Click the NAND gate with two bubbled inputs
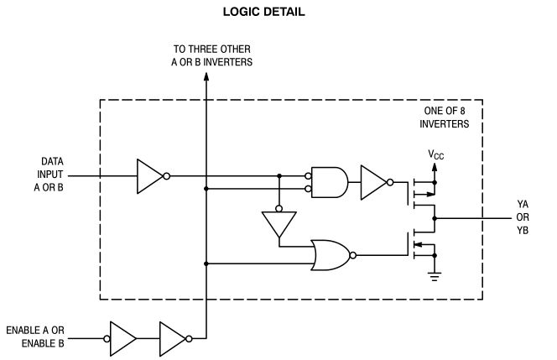coord(329,182)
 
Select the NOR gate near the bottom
coord(330,254)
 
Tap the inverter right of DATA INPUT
coord(151,176)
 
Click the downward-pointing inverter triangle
coord(279,223)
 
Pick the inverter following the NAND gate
coord(373,182)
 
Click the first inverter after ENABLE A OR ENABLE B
coord(122,338)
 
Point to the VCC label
coord(436,154)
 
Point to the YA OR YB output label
coord(523,218)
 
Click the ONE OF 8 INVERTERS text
coord(444,117)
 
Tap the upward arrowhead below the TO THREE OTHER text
coord(206,77)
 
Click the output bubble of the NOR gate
coord(354,254)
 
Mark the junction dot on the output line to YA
coord(435,218)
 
